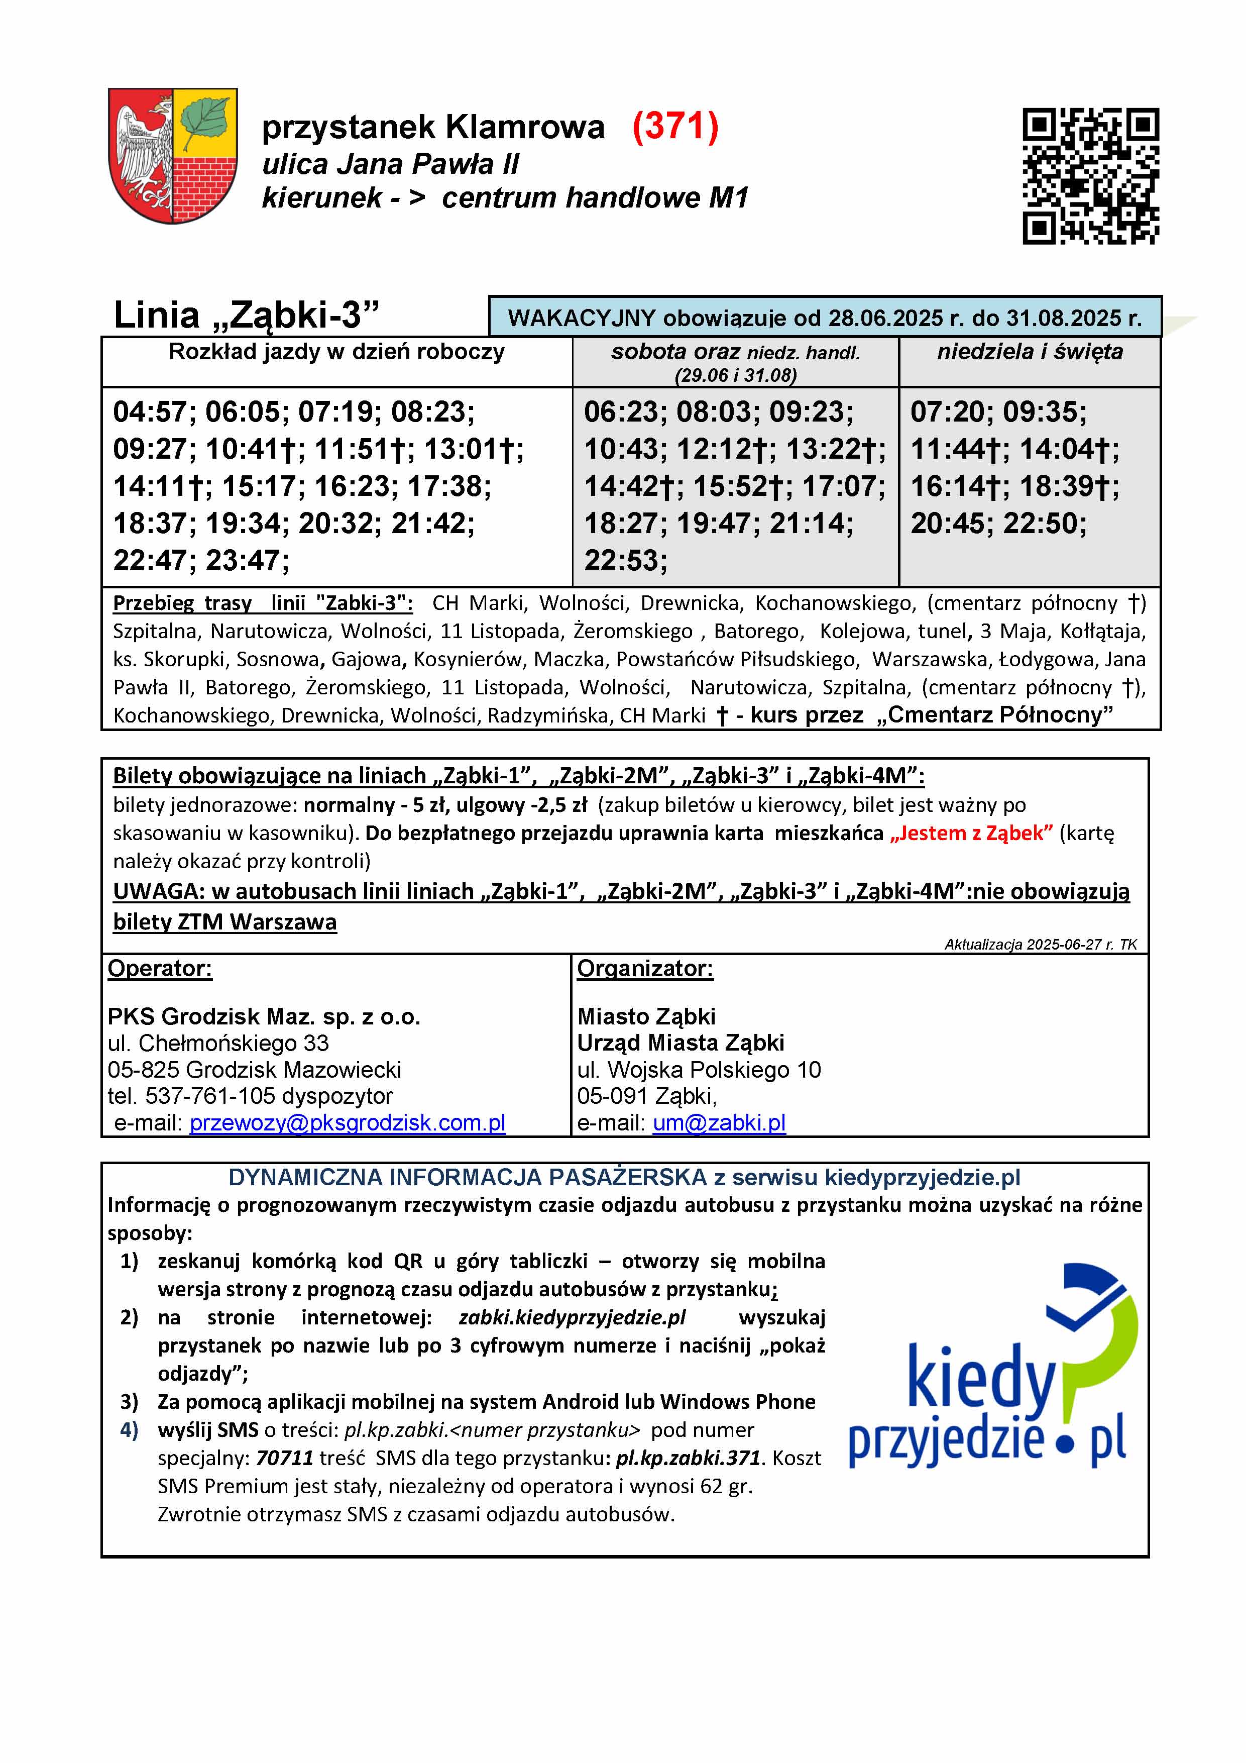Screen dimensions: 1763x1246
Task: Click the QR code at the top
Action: coord(1090,176)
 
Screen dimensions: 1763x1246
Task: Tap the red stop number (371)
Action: coord(675,127)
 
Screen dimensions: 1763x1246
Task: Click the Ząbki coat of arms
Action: coord(173,155)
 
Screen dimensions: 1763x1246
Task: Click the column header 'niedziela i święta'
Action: coord(1030,352)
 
